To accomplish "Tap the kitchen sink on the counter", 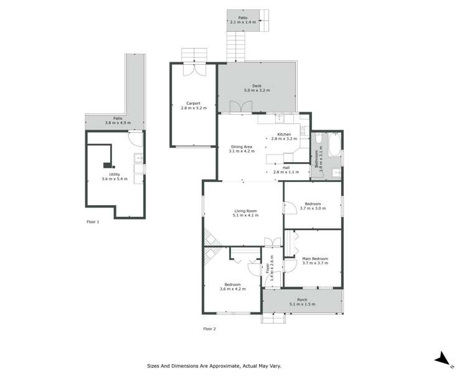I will pyautogui.click(x=281, y=117).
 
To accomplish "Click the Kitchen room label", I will pyautogui.click(x=284, y=135).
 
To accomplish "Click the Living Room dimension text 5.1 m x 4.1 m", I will pyautogui.click(x=245, y=215).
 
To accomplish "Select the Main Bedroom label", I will pyautogui.click(x=315, y=259).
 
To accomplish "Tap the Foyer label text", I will pyautogui.click(x=268, y=267).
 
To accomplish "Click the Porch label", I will pyautogui.click(x=302, y=300).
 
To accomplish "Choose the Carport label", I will pyautogui.click(x=192, y=103).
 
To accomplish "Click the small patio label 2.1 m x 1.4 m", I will pyautogui.click(x=243, y=22).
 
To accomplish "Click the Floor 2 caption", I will pyautogui.click(x=209, y=329).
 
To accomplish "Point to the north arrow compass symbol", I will pyautogui.click(x=442, y=358).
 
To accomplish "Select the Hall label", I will pyautogui.click(x=286, y=167).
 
